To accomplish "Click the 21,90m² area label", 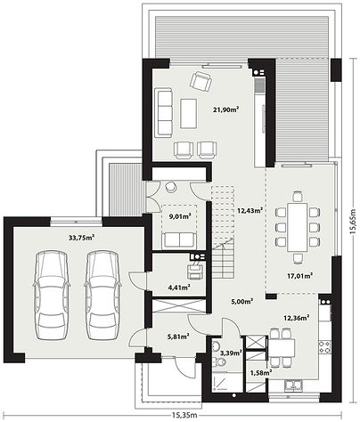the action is click(226, 110).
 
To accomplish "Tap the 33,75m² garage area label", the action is click(81, 238).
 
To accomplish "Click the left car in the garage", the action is click(52, 295).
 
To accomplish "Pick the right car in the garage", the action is click(102, 295).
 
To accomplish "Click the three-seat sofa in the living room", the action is click(163, 112).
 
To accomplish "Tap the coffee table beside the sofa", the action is click(188, 113).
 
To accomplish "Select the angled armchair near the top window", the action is click(200, 81).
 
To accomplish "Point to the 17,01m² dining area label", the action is click(299, 276).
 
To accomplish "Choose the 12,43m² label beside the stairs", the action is click(250, 210).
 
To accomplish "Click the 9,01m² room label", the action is click(180, 216).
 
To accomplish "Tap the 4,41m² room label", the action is click(179, 287).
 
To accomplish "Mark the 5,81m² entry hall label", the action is click(178, 337).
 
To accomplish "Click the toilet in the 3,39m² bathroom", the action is click(220, 361).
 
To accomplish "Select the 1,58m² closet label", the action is click(261, 372).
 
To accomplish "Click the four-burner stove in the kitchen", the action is click(324, 347).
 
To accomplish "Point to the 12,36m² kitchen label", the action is click(297, 318).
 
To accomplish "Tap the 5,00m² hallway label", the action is click(241, 302).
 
